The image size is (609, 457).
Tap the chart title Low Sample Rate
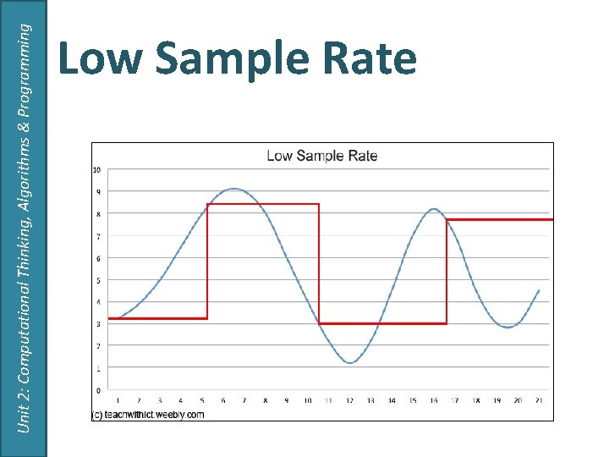322,156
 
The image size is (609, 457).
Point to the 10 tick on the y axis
97,170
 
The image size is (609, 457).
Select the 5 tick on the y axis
98,280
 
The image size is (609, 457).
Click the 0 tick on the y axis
98,390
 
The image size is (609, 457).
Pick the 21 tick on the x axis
539,401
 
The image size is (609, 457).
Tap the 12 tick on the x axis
349,401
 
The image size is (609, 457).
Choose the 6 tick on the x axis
223,401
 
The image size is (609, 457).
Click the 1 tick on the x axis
118,401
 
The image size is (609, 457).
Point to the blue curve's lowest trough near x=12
351,363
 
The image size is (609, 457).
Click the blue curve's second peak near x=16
433,209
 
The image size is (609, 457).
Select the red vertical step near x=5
207,262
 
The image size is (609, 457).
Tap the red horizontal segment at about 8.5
262,204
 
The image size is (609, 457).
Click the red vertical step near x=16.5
447,271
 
